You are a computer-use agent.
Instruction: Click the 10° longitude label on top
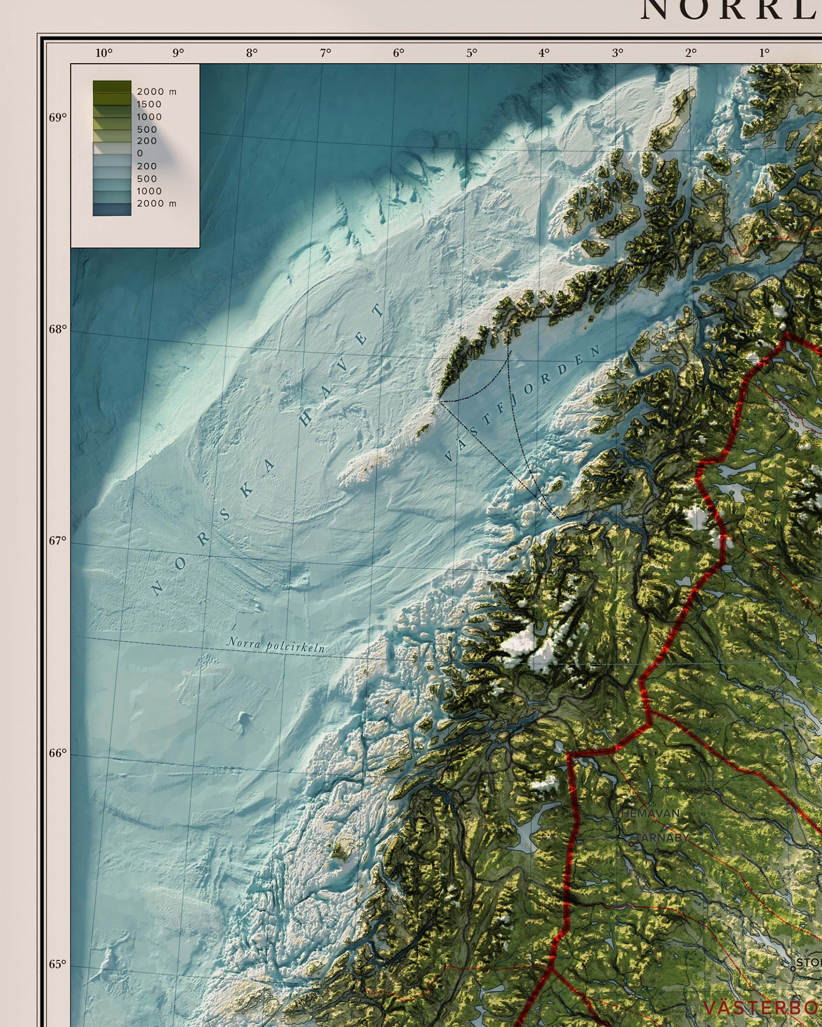coord(104,53)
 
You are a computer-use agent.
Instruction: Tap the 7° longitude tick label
coord(326,53)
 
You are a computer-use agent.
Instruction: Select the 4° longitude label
coord(544,53)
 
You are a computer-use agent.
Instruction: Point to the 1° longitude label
coord(764,53)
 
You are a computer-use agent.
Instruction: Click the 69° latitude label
coord(58,117)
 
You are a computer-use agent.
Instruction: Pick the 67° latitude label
coord(58,541)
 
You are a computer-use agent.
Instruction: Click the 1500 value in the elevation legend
coord(149,104)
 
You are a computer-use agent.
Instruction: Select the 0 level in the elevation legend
coord(140,153)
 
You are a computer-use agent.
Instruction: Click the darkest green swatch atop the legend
coord(112,86)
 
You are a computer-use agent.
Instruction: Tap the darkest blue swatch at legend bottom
coord(112,209)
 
